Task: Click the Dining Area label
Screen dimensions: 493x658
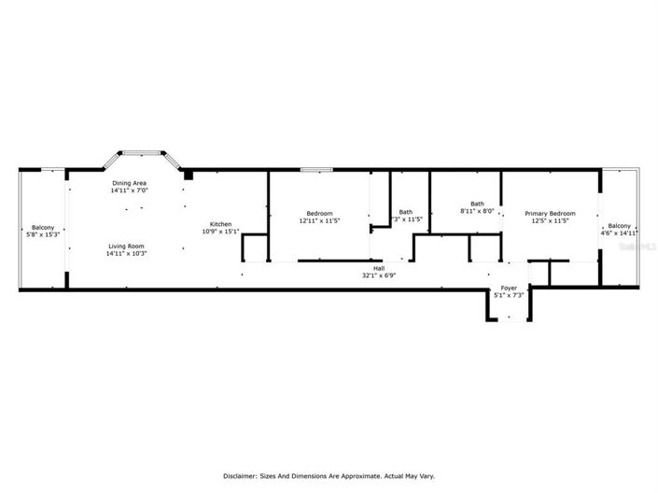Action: point(129,183)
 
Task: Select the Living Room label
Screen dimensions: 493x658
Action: point(126,246)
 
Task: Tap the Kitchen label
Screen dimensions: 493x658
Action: point(220,224)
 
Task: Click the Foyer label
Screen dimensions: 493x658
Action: point(509,288)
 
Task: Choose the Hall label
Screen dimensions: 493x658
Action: point(379,269)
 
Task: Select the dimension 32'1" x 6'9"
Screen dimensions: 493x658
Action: point(379,276)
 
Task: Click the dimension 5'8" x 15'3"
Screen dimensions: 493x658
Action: point(43,234)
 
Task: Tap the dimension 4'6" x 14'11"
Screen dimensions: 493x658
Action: point(620,232)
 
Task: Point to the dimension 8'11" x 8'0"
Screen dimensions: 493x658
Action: point(477,211)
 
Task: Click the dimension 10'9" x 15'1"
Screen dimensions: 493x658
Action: point(221,232)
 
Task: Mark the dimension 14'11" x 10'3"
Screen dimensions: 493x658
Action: point(126,253)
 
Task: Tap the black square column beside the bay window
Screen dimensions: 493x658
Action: point(188,174)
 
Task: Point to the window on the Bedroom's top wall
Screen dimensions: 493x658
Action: point(316,169)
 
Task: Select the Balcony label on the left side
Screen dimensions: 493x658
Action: point(43,227)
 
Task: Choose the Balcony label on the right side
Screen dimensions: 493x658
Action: point(620,225)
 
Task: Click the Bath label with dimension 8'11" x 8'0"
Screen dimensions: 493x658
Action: point(477,204)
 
